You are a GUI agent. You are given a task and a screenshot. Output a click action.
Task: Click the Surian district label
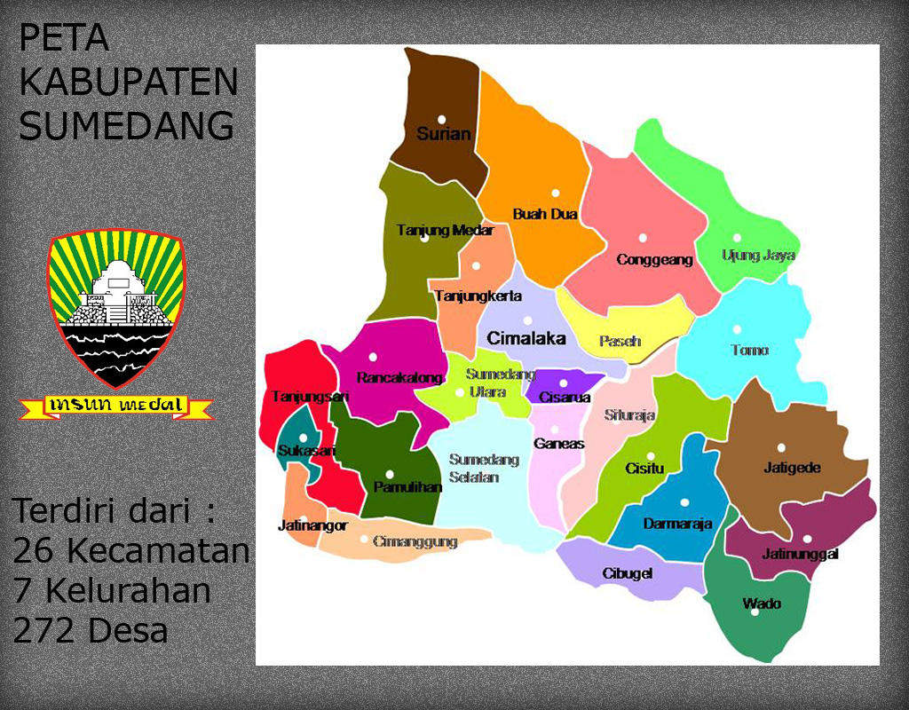[444, 135]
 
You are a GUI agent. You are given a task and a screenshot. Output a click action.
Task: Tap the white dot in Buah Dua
[556, 193]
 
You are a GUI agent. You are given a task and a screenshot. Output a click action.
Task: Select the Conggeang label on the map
[654, 260]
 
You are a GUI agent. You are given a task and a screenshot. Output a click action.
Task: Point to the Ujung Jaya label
[758, 256]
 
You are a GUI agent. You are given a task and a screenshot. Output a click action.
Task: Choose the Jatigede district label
[792, 468]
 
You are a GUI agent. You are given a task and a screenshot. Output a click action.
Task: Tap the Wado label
[762, 603]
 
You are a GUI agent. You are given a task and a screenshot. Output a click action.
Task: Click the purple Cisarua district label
[565, 398]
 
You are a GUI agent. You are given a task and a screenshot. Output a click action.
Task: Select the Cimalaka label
[526, 338]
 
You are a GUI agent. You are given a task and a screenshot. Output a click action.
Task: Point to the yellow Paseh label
[620, 342]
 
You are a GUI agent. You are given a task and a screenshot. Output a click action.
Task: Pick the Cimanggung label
[415, 541]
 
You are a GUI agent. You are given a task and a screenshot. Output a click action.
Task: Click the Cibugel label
[628, 573]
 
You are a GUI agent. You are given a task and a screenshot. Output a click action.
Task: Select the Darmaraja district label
[677, 524]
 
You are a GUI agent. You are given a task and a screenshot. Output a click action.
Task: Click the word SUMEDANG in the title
[127, 126]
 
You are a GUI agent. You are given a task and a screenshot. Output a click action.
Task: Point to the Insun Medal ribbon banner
[116, 406]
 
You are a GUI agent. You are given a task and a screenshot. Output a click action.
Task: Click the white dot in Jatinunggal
[807, 538]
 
